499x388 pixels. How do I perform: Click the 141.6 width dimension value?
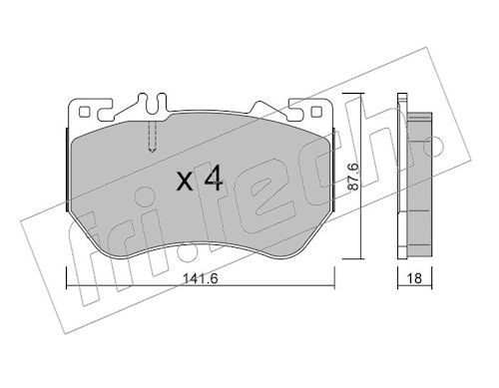point(201,278)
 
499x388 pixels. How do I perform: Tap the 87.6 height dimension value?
point(353,177)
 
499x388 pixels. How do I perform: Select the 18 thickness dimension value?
point(414,278)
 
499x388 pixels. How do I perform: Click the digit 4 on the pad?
point(214,180)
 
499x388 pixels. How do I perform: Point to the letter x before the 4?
point(185,183)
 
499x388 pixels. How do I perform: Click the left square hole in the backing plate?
point(84,112)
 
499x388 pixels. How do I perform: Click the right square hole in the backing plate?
point(316,112)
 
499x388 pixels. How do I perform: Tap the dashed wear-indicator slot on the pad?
point(152,137)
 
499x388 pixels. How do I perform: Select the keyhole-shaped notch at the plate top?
point(153,103)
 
